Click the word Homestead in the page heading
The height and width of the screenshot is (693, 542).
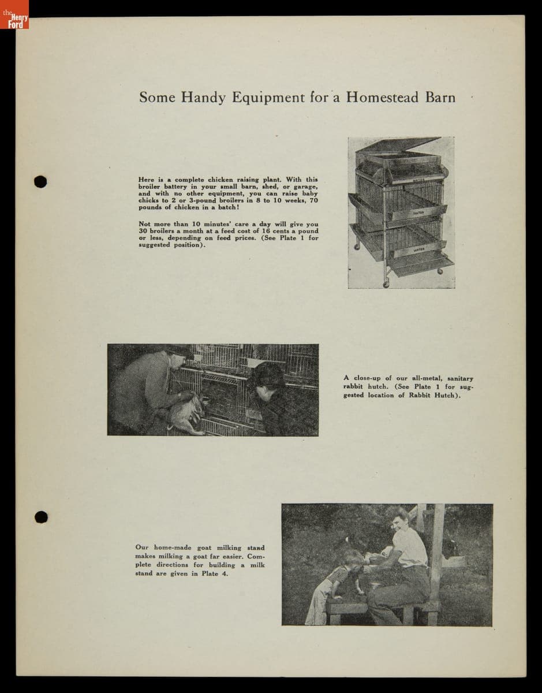[x=383, y=97]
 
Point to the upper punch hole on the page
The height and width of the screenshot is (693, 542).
[x=40, y=181]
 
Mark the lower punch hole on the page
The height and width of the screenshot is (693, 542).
[x=40, y=516]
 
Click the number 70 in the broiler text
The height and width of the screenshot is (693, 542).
[x=313, y=200]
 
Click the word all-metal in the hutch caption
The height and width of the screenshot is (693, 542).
[x=427, y=379]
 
